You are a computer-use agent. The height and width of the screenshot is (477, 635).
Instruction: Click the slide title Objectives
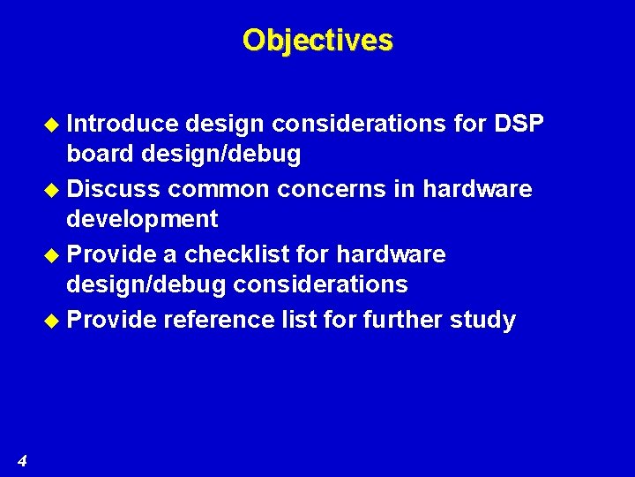tap(317, 40)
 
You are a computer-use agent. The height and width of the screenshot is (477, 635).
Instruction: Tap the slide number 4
tap(22, 459)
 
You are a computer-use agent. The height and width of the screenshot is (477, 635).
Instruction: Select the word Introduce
tap(123, 124)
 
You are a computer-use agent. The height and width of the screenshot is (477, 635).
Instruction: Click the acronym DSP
tap(518, 124)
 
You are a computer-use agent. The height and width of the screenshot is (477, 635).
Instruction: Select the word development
tap(142, 218)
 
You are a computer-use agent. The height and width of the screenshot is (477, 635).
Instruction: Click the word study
tap(485, 320)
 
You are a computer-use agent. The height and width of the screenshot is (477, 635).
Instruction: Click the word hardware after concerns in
tap(477, 189)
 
